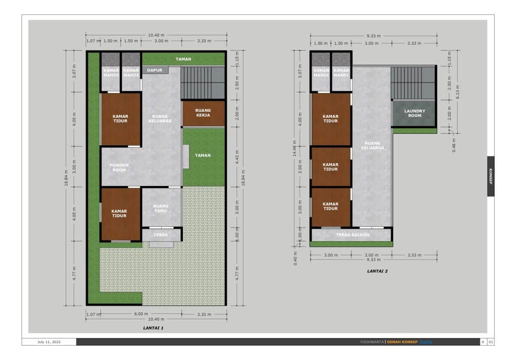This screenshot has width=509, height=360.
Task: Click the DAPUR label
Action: (x=154, y=71)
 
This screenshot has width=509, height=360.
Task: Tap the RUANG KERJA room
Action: (x=203, y=113)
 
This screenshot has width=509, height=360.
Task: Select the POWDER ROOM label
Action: (x=119, y=168)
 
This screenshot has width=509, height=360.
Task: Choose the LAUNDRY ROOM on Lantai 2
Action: (x=415, y=113)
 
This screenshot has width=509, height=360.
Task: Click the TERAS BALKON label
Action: (x=352, y=235)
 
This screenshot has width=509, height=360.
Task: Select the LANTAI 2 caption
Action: (x=377, y=271)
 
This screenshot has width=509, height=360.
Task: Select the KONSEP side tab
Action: (x=491, y=177)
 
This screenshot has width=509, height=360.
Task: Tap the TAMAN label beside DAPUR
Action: (x=183, y=59)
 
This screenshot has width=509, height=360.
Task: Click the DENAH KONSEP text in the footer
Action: (x=402, y=342)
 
